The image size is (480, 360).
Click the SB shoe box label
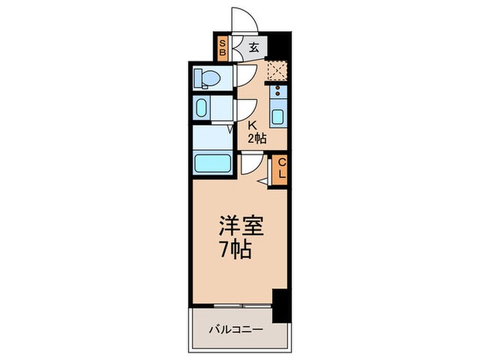click(x=222, y=49)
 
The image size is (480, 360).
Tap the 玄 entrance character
click(x=253, y=48)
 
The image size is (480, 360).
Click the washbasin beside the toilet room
click(x=202, y=108)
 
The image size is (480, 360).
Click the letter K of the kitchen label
click(x=252, y=126)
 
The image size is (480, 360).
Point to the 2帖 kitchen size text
click(x=256, y=139)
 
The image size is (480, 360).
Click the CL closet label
click(x=280, y=169)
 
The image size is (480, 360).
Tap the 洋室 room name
click(x=241, y=226)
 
